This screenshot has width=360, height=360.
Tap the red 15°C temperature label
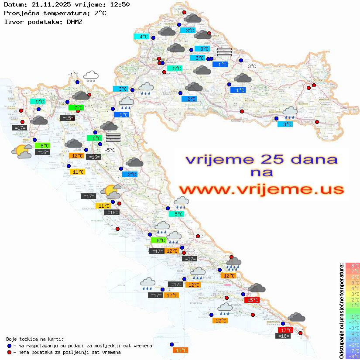point(252,300)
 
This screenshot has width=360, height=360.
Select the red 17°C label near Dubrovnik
point(286,330)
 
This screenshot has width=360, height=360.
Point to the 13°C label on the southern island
point(181,350)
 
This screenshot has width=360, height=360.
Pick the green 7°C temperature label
point(78,107)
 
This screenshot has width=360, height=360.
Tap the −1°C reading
point(73,75)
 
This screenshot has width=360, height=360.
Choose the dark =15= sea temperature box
point(67,118)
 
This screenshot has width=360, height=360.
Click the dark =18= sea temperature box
point(284,336)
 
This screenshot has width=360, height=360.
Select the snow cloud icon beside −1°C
point(91,76)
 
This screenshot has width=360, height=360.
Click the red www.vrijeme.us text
point(261,189)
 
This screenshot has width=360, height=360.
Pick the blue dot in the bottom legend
point(9,346)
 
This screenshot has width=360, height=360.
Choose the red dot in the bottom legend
point(9,352)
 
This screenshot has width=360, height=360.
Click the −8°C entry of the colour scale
point(353,356)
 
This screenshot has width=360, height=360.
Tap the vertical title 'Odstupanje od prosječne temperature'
point(342,311)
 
